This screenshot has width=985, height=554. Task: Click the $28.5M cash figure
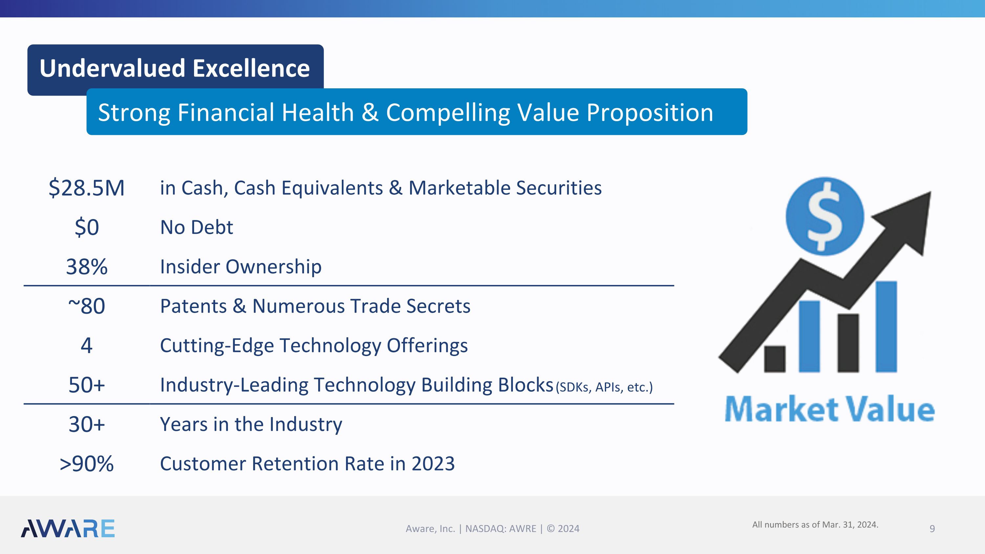(x=86, y=188)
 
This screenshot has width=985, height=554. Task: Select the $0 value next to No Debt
(x=87, y=227)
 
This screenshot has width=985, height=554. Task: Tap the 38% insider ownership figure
(x=87, y=267)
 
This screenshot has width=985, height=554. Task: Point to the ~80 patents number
(x=87, y=306)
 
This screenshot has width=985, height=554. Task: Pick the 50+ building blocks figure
(x=87, y=385)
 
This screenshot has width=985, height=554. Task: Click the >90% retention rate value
(x=87, y=464)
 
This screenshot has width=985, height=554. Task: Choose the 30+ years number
(x=87, y=424)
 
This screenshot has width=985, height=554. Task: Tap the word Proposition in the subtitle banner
(x=650, y=113)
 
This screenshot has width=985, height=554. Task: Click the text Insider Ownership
(x=241, y=267)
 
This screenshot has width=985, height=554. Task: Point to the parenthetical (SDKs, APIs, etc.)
(x=604, y=387)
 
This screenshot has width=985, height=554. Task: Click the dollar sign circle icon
(x=824, y=216)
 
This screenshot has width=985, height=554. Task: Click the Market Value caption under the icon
(x=829, y=409)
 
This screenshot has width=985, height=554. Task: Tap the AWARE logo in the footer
(x=68, y=528)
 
